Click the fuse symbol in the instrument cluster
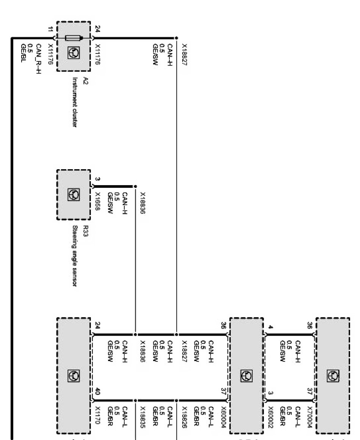(x=74, y=38)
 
